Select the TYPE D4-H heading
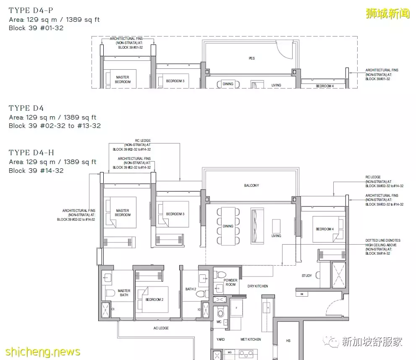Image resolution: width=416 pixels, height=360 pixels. [x=31, y=153]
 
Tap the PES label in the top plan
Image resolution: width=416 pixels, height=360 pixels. [x=251, y=58]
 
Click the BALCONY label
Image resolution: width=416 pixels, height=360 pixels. [x=251, y=185]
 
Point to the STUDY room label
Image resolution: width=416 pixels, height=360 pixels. [x=306, y=276]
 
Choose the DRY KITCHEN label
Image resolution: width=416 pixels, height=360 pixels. [x=258, y=286]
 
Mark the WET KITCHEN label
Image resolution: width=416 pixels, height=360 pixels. [x=250, y=339]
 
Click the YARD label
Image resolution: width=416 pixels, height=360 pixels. [x=220, y=339]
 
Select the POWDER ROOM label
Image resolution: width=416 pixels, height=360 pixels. [x=230, y=282]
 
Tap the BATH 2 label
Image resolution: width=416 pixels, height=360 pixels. [x=190, y=289]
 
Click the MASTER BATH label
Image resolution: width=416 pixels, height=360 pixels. [x=124, y=293]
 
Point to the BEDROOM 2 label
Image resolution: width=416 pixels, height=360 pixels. [x=154, y=300]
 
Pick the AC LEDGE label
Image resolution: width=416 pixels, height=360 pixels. [x=161, y=328]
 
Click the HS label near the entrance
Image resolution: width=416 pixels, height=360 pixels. [x=288, y=341]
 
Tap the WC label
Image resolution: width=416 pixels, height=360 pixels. [x=219, y=322]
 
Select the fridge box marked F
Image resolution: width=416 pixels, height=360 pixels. [x=237, y=307]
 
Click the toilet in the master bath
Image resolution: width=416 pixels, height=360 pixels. [x=109, y=292]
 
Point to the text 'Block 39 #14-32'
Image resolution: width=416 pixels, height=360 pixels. [x=36, y=171]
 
